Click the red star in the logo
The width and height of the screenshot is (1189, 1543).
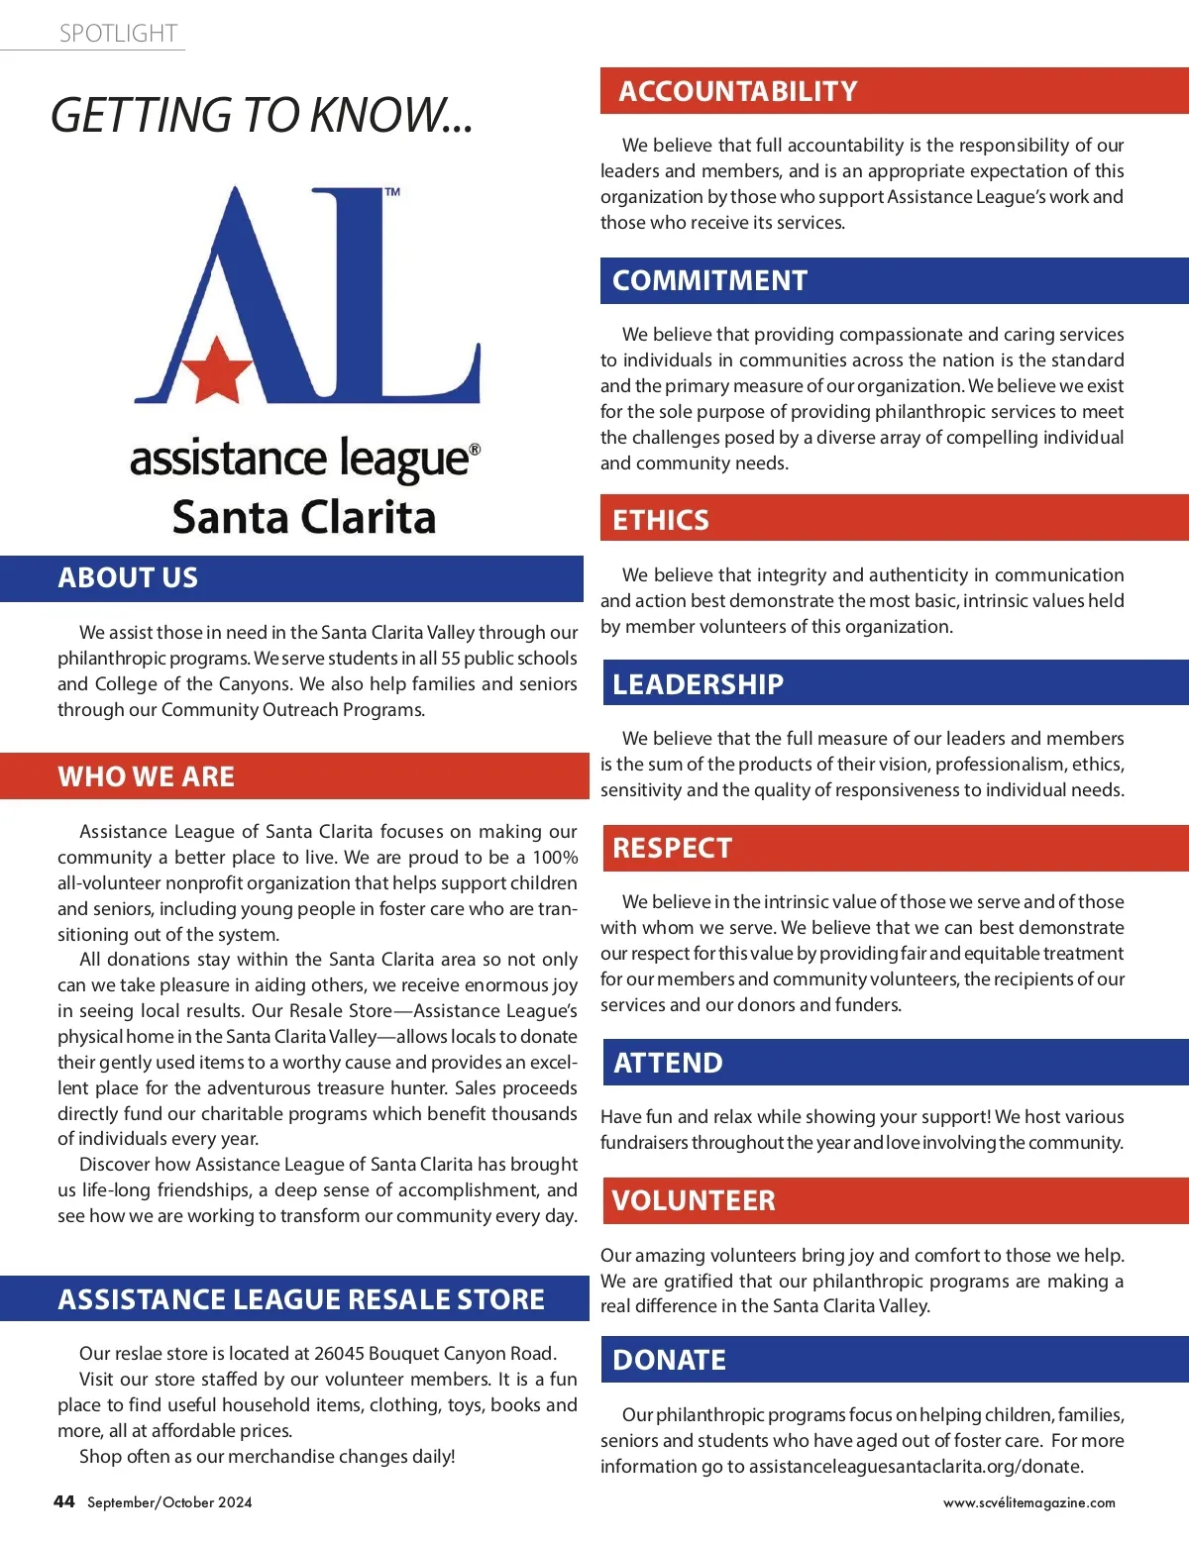pyautogui.click(x=216, y=367)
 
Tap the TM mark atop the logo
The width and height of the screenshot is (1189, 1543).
pyautogui.click(x=392, y=192)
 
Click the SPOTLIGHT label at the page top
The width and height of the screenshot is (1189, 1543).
pyautogui.click(x=118, y=34)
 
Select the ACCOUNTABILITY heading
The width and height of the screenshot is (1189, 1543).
pyautogui.click(x=738, y=91)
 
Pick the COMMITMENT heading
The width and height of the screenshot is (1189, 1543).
pyautogui.click(x=709, y=281)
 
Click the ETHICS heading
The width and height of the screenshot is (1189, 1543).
pyautogui.click(x=661, y=520)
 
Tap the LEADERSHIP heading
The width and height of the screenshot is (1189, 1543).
pyautogui.click(x=698, y=684)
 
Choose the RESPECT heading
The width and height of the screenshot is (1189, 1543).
pyautogui.click(x=672, y=849)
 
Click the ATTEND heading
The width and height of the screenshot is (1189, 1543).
pyautogui.click(x=668, y=1064)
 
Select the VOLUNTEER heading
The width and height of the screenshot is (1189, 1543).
pyautogui.click(x=694, y=1201)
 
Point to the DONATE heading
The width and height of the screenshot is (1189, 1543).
pyautogui.click(x=669, y=1361)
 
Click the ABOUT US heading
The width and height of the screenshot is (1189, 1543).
pyautogui.click(x=128, y=578)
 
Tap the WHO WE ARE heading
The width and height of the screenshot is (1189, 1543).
pyautogui.click(x=146, y=777)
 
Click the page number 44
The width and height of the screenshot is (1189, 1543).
pyautogui.click(x=64, y=1501)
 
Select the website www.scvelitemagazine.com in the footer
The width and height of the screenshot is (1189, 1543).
pyautogui.click(x=1028, y=1502)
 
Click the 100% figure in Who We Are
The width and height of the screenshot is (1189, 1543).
pyautogui.click(x=555, y=858)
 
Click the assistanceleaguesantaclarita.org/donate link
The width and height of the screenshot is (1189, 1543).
pyautogui.click(x=916, y=1467)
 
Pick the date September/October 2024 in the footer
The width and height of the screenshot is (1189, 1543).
pyautogui.click(x=169, y=1502)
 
